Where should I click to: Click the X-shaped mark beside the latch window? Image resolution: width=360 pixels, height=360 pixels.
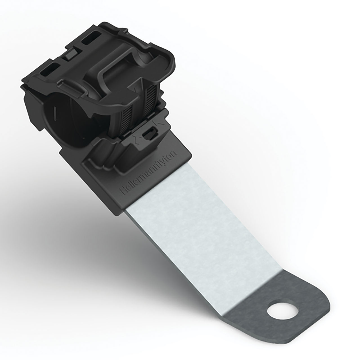tap(136, 139)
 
